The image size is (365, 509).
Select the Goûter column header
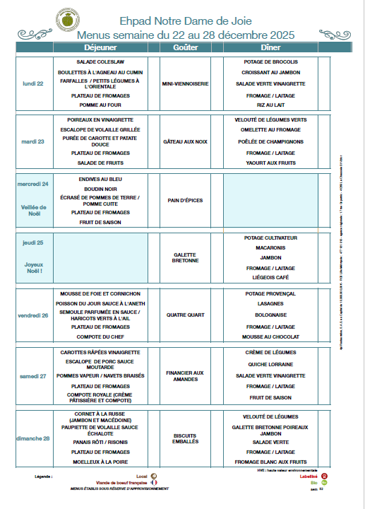click(x=185, y=47)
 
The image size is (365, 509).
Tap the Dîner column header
click(x=270, y=47)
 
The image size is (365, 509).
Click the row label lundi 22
click(x=33, y=83)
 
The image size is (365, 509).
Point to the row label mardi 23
click(x=32, y=141)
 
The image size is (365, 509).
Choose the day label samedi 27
click(x=33, y=375)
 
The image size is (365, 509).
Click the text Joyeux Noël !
click(x=33, y=267)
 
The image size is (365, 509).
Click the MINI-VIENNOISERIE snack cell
click(x=185, y=83)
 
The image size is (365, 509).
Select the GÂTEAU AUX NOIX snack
click(x=185, y=141)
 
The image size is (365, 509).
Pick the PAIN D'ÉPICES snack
click(x=185, y=200)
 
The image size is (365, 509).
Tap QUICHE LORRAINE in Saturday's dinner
click(x=270, y=365)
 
